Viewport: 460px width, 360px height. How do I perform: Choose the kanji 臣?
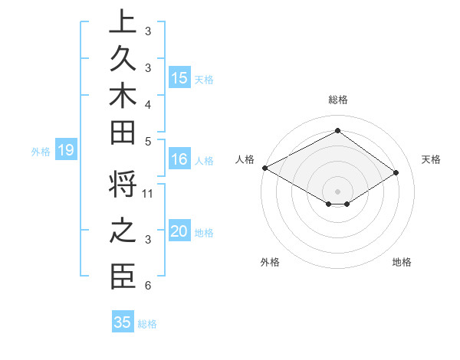(x=122, y=277)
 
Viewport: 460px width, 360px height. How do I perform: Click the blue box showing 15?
(x=179, y=77)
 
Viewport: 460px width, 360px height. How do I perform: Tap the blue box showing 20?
(x=179, y=231)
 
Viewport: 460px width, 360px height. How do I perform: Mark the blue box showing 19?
(x=66, y=151)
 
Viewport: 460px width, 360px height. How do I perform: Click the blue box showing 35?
(x=123, y=322)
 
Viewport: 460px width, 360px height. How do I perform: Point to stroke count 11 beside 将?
(x=148, y=193)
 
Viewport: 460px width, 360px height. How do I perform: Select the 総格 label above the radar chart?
(x=337, y=100)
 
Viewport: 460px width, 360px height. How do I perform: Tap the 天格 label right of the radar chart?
(x=431, y=159)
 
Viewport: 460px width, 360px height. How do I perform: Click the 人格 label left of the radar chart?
(x=245, y=159)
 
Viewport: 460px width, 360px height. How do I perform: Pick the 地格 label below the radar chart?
(x=402, y=262)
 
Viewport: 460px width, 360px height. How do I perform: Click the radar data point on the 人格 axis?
(x=264, y=167)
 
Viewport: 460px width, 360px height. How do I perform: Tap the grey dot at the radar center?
(x=337, y=191)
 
